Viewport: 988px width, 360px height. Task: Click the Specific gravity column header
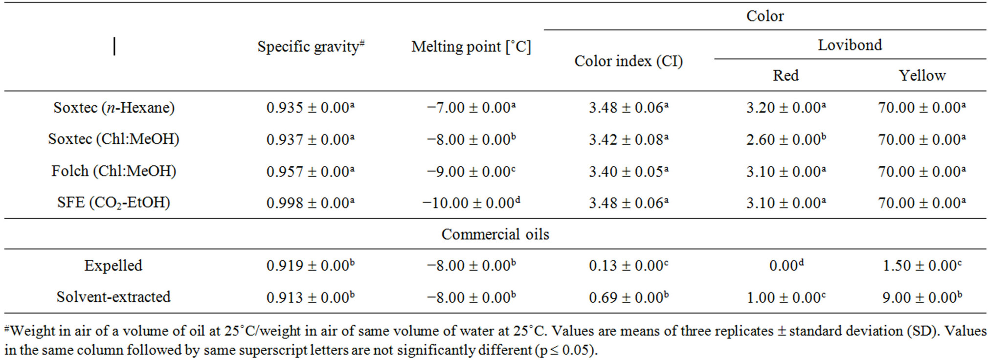pos(311,47)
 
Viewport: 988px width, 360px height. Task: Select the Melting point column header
pos(471,47)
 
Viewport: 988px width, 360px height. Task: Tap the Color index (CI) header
pos(628,61)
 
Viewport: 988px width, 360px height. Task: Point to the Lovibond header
pos(850,45)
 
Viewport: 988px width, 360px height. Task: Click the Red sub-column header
pos(786,75)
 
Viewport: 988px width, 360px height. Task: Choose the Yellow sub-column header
pos(921,75)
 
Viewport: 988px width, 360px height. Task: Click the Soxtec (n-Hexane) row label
pos(113,108)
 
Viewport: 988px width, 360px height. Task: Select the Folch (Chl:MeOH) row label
pos(113,171)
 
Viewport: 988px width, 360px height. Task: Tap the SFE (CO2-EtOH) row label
pos(113,202)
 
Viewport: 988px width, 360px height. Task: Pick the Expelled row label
pos(113,266)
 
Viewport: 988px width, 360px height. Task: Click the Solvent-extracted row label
pos(113,297)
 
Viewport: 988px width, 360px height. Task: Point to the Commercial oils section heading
pos(495,234)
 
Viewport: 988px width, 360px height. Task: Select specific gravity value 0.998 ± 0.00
pos(310,203)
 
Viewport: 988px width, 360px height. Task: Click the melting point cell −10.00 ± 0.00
pos(471,203)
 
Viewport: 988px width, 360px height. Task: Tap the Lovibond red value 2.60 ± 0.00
pos(786,140)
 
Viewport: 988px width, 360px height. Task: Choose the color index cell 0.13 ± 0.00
pos(628,266)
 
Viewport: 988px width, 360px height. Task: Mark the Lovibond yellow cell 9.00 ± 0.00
pos(921,297)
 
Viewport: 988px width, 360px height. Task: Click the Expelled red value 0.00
pos(786,266)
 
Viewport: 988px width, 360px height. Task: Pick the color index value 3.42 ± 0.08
pos(628,140)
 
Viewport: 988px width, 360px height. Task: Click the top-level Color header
pos(764,16)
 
